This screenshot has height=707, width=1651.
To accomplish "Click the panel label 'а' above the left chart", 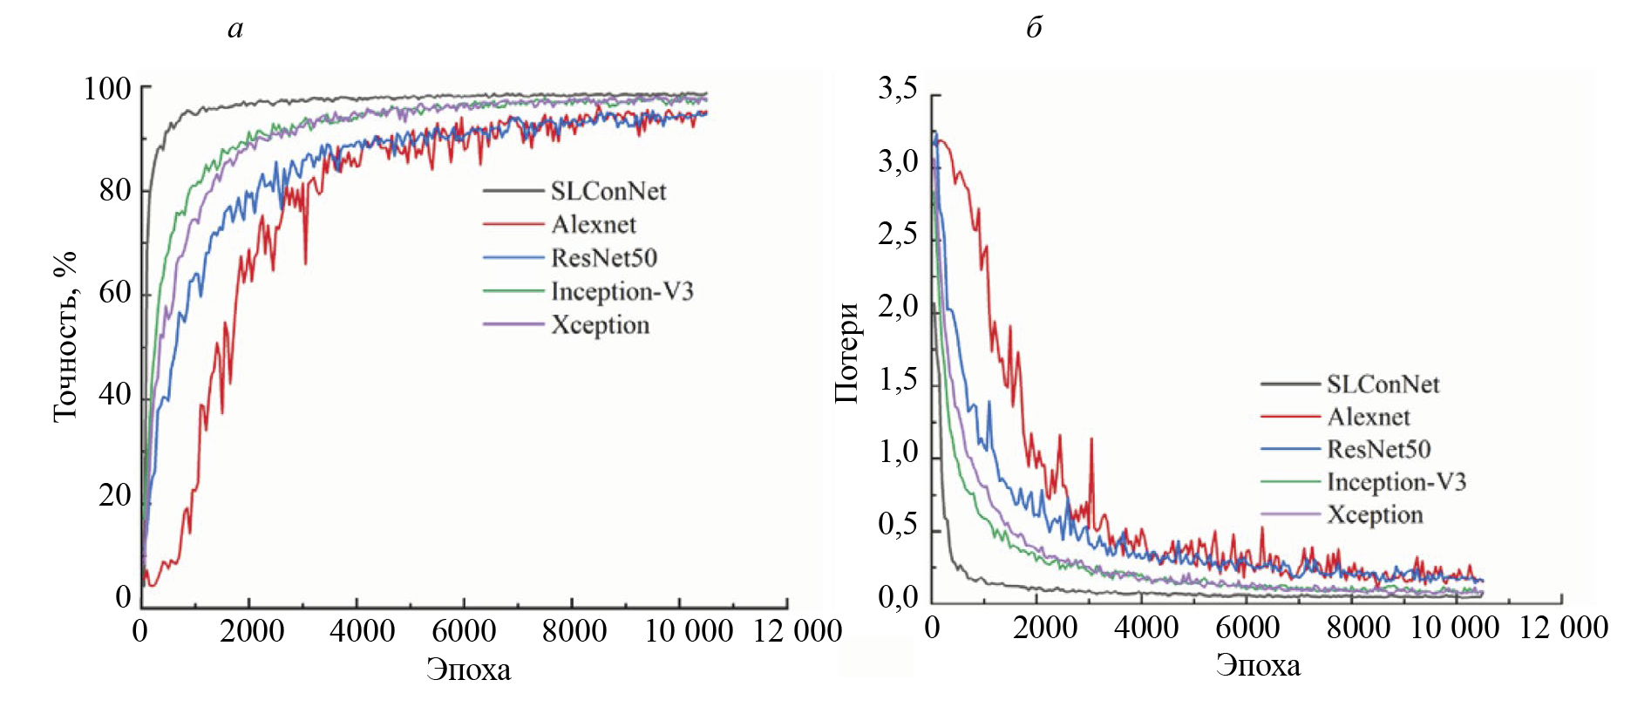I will tap(234, 30).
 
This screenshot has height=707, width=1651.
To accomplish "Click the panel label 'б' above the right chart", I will tap(1034, 29).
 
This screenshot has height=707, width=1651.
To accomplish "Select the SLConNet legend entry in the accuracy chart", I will tap(608, 191).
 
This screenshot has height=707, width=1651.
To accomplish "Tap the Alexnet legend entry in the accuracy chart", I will tap(593, 224).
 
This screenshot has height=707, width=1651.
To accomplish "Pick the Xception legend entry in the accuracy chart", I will tap(600, 324).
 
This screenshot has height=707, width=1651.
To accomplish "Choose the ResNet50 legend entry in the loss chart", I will tap(1378, 449).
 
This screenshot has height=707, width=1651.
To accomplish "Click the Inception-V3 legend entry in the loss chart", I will tap(1396, 481).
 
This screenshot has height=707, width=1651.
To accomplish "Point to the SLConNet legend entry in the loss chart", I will tap(1383, 384).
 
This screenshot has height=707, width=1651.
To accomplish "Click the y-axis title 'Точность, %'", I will tap(65, 337).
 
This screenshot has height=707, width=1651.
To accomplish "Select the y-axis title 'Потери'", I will tap(847, 352).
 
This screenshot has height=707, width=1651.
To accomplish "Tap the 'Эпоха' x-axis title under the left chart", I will tap(468, 670).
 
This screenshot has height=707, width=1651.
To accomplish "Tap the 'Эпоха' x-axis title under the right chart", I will tap(1258, 665).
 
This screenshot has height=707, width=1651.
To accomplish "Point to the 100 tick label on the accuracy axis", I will tap(107, 88).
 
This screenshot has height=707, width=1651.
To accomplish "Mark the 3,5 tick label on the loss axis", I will tap(898, 88).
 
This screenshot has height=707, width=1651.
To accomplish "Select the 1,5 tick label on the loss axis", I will tap(898, 380).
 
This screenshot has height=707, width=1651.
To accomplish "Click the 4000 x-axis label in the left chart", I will tap(362, 630).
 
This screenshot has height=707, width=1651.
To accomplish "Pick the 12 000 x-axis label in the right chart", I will tap(1564, 627).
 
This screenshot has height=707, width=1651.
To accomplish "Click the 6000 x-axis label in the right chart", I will tap(1247, 627).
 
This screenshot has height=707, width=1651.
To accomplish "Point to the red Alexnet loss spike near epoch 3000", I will tap(1091, 441).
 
